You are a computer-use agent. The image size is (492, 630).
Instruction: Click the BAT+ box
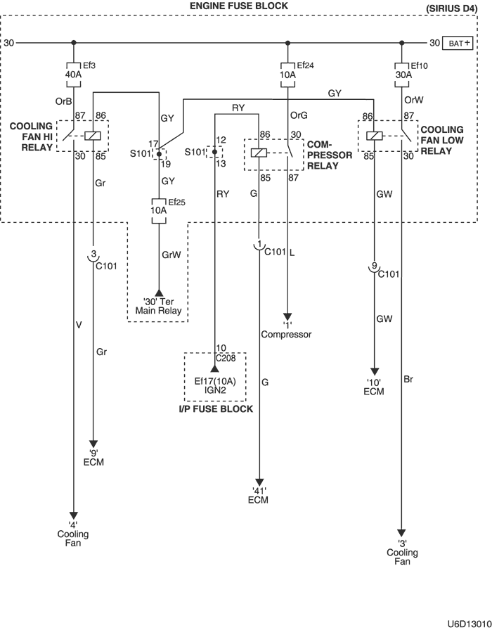pyautogui.click(x=458, y=43)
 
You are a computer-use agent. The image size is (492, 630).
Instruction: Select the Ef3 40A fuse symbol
pyautogui.click(x=73, y=75)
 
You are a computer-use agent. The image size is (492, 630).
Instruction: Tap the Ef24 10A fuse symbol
pyautogui.click(x=287, y=75)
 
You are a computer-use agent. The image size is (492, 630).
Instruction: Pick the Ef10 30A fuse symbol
pyautogui.click(x=402, y=75)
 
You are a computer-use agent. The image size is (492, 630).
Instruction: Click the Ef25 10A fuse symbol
pyautogui.click(x=159, y=210)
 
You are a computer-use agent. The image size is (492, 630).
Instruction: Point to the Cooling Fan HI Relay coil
pyautogui.click(x=93, y=136)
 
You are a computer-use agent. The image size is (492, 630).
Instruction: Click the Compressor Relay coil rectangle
pyautogui.click(x=259, y=153)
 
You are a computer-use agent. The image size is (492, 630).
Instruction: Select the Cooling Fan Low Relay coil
pyautogui.click(x=375, y=136)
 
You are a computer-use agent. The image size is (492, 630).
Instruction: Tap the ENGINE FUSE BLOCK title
pyautogui.click(x=239, y=6)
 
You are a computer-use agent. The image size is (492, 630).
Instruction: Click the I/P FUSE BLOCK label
pyautogui.click(x=216, y=409)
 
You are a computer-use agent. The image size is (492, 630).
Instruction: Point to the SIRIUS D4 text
pyautogui.click(x=451, y=8)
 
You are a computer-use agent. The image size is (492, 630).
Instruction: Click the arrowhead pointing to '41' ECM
pyautogui.click(x=259, y=482)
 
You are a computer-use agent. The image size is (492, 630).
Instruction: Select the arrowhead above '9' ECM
pyautogui.click(x=93, y=444)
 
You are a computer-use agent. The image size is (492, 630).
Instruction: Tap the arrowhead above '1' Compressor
pyautogui.click(x=287, y=316)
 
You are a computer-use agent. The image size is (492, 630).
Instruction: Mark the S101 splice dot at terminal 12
pyautogui.click(x=214, y=152)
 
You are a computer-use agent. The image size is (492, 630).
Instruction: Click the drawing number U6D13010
pyautogui.click(x=469, y=624)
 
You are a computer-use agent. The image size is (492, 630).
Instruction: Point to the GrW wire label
pyautogui.click(x=171, y=255)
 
